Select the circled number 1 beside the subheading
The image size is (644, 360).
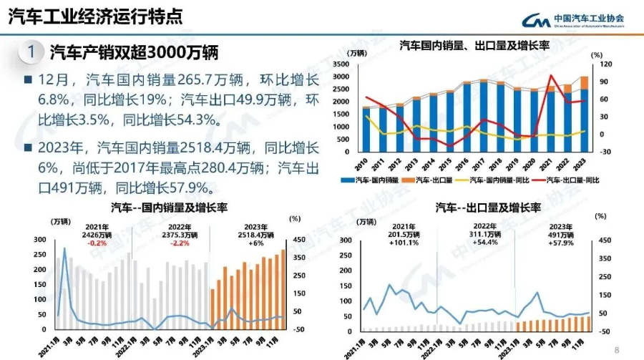tap(30, 52)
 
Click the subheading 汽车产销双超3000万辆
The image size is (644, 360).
tap(133, 52)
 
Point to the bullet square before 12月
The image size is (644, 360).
tap(27, 79)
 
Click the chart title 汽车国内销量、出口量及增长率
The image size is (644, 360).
tap(474, 46)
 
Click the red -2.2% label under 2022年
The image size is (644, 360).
tap(180, 243)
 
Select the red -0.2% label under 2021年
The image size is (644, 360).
tap(97, 243)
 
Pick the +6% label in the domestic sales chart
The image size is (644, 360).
tap(256, 243)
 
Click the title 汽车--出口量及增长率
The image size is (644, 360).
tap(488, 208)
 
